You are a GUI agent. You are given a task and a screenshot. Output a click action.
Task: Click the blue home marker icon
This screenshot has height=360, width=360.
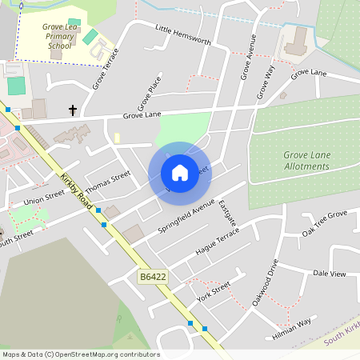(179, 173)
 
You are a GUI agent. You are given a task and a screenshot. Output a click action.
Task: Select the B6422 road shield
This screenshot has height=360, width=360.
(153, 276)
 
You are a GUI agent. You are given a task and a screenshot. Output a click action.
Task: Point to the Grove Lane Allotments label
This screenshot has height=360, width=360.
(306, 160)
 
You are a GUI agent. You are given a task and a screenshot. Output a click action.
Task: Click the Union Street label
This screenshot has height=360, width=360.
(44, 198)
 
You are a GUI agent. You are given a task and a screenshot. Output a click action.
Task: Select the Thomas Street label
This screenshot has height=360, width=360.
(107, 182)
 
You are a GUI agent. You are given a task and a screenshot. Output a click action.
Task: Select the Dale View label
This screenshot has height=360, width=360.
(329, 274)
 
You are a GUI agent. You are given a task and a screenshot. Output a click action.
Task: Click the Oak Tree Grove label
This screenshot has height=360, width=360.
(324, 222)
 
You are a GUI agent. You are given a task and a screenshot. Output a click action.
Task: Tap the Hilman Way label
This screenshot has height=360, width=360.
(292, 329)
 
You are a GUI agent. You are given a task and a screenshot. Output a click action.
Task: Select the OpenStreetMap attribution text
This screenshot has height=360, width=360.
(81, 354)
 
